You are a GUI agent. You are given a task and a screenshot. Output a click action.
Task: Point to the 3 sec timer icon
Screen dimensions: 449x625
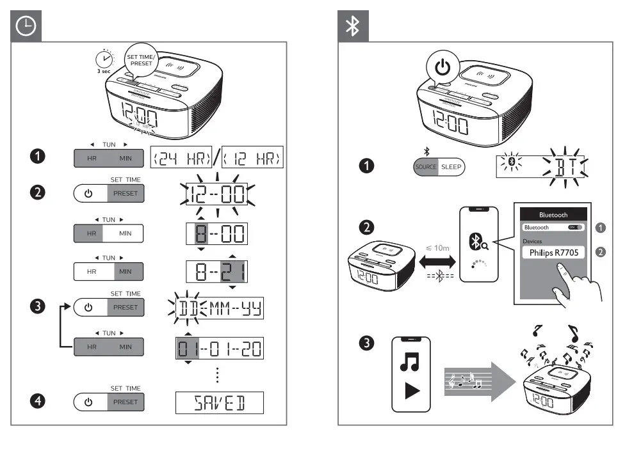coord(103,59)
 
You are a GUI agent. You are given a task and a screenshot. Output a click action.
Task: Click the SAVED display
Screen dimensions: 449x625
coord(220,402)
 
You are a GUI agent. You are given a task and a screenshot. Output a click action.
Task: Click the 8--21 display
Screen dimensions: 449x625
coord(217,271)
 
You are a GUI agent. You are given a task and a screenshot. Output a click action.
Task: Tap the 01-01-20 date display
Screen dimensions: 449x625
coord(220,349)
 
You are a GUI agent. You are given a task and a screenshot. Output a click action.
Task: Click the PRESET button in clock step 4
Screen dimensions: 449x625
coord(126,402)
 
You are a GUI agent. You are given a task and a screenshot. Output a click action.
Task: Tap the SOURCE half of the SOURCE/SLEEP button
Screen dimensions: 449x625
coord(426,167)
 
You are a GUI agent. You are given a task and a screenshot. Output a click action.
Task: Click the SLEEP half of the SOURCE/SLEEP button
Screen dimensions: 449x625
coord(453,167)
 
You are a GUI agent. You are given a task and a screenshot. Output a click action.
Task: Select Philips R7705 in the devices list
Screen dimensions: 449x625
coord(553,253)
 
